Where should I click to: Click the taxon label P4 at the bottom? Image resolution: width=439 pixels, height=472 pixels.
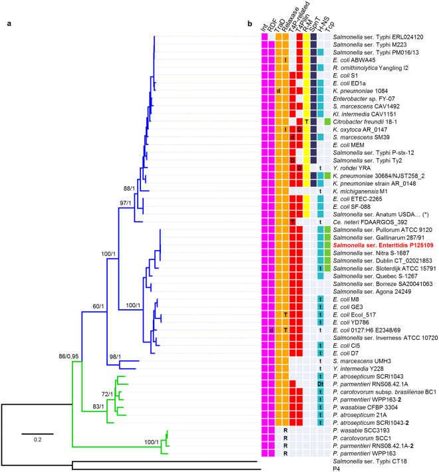coord(337,469)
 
